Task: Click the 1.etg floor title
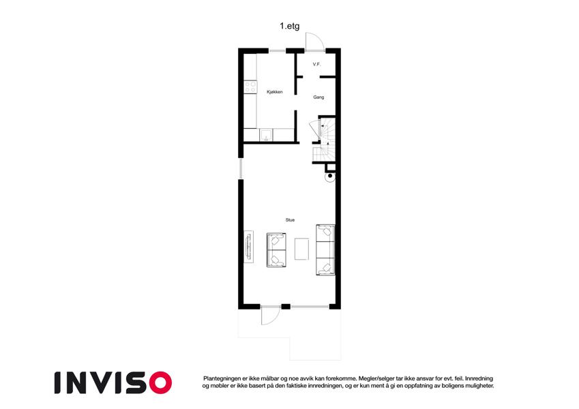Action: [289, 26]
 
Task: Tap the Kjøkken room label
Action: [275, 92]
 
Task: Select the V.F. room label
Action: [316, 64]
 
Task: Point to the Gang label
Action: [318, 97]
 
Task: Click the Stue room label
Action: [290, 220]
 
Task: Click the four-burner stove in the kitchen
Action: [250, 87]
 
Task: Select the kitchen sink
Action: [266, 135]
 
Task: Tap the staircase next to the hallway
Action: [324, 140]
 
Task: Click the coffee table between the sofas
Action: [301, 249]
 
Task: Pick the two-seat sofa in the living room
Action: [276, 250]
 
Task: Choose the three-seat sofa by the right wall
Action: [325, 250]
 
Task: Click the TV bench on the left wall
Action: [248, 247]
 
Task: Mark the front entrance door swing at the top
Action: [315, 42]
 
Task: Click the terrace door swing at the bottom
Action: [270, 317]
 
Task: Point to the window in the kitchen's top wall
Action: [277, 50]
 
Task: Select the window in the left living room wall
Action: [241, 168]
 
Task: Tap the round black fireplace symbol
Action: [330, 177]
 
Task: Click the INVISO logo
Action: [113, 383]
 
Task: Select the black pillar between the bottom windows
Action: [286, 306]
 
